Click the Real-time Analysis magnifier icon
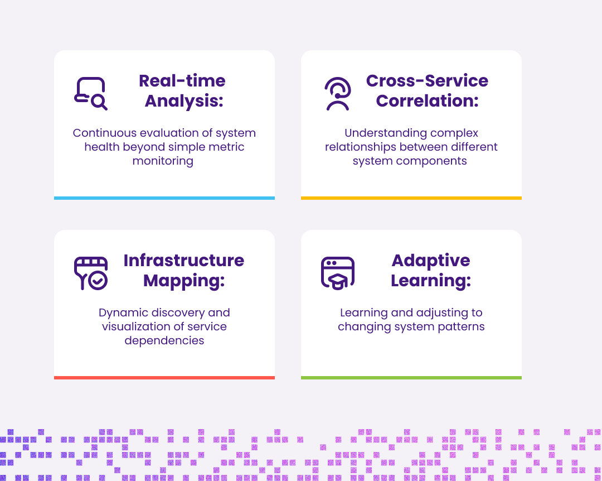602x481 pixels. click(x=91, y=93)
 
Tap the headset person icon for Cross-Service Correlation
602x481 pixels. click(x=338, y=94)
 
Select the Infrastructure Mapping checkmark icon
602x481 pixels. click(x=91, y=273)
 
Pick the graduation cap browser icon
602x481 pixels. click(x=338, y=273)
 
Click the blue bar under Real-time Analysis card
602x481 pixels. click(x=164, y=198)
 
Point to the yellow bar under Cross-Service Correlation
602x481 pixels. click(x=411, y=198)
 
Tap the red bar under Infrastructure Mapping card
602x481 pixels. click(x=164, y=378)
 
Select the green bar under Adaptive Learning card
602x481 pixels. click(x=411, y=378)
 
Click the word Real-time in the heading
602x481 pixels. click(x=182, y=81)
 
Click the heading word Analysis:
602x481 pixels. click(x=182, y=101)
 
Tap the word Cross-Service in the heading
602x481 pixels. click(x=427, y=81)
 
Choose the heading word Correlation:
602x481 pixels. click(x=427, y=101)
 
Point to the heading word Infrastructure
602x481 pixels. click(x=184, y=261)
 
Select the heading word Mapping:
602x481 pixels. click(x=184, y=281)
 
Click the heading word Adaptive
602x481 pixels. click(x=431, y=261)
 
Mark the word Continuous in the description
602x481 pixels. click(x=104, y=133)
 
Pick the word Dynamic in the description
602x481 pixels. click(x=122, y=313)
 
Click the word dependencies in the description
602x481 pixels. click(x=164, y=340)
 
